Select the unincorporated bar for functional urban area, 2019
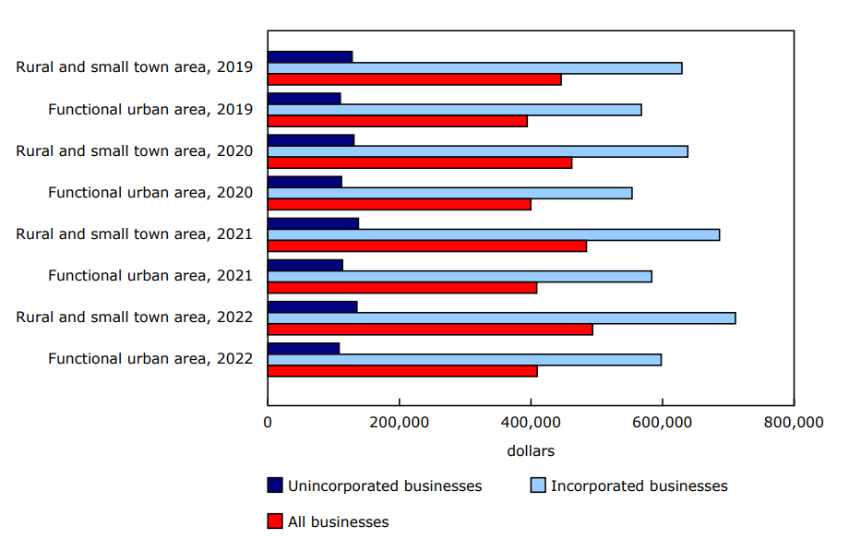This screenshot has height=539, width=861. (305, 98)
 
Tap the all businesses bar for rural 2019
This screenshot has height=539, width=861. (414, 79)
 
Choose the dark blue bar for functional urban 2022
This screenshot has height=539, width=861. (304, 348)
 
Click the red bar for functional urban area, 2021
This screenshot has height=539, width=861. (402, 288)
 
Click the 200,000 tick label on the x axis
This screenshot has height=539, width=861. (399, 423)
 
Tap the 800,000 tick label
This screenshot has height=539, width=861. (794, 423)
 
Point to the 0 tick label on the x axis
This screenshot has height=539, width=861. (268, 423)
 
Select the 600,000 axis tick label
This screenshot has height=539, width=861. (662, 423)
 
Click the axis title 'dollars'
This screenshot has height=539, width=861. (531, 451)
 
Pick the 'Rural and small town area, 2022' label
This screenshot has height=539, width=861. (135, 317)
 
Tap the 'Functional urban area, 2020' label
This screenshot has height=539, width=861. (150, 193)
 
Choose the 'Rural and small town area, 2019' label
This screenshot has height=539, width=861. (135, 67)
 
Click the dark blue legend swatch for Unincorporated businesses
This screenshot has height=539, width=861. (275, 485)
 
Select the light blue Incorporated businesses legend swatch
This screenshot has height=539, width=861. (538, 485)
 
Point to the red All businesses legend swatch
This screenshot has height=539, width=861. (275, 521)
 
